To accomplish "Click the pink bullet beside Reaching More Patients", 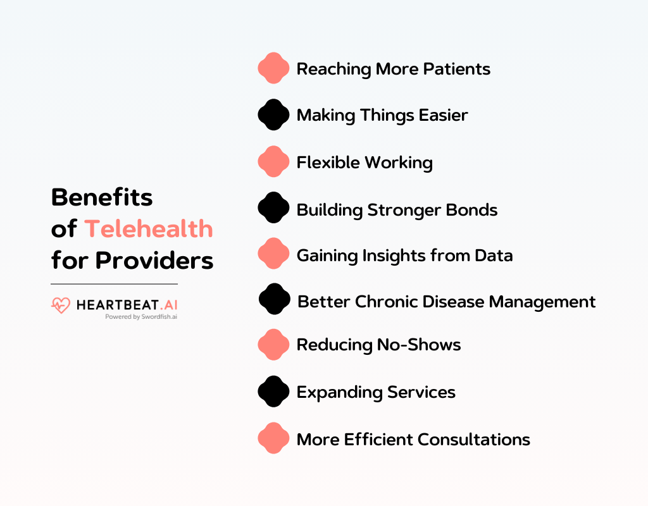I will coord(273,68).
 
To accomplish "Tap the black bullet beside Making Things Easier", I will coord(273,115).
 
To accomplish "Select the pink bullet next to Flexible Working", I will coord(273,162).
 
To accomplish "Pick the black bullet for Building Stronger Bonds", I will coord(273,208).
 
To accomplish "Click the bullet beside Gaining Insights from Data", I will coord(273,254).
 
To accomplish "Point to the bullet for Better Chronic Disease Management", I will coord(274,300).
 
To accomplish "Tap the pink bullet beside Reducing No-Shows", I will coord(273,345).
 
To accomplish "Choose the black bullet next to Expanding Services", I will coord(273,392).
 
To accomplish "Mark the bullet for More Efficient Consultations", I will coord(273,438).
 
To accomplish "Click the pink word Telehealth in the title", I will coord(149,228).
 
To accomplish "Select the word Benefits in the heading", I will coord(102,197).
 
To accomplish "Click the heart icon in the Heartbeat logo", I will coord(61,305).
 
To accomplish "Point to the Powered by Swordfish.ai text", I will coord(140,317).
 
